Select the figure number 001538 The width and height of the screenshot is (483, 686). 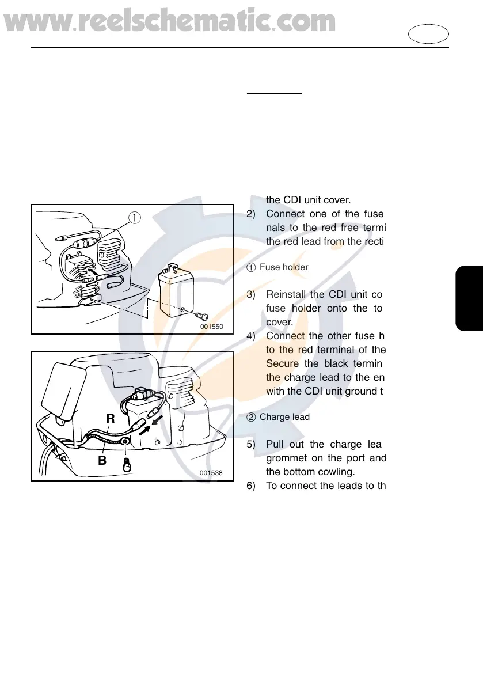tap(211, 473)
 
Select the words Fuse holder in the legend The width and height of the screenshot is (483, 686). tap(284, 267)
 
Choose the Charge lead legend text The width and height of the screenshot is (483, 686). tap(284, 416)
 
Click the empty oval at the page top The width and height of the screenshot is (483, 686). tap(429, 33)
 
